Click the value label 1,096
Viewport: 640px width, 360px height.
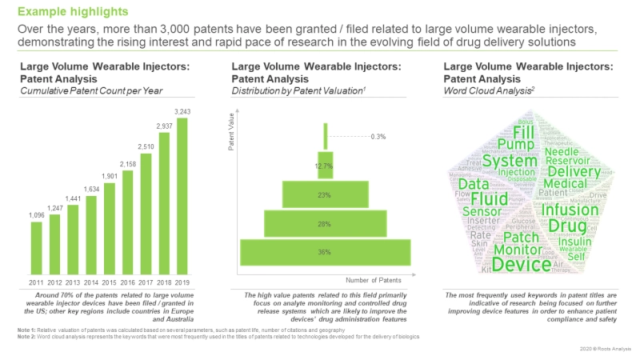[x=37, y=215]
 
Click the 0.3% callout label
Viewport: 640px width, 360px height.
[x=378, y=137]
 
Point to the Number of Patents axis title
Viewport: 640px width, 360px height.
[x=374, y=280]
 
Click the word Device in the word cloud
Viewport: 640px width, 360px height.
[x=522, y=263]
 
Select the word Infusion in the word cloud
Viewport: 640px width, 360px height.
[x=570, y=210]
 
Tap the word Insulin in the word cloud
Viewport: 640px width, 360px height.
[x=575, y=242]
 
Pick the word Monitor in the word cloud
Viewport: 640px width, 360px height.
[x=518, y=249]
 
